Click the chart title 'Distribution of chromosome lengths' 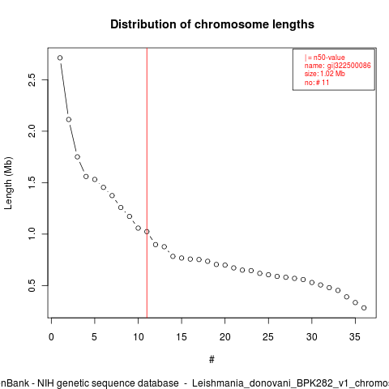pyautogui.click(x=212, y=24)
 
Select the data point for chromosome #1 pyautogui.click(x=60, y=58)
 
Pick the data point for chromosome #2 pyautogui.click(x=69, y=119)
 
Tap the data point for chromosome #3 pyautogui.click(x=77, y=156)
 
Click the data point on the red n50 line pyautogui.click(x=147, y=232)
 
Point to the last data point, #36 pyautogui.click(x=364, y=308)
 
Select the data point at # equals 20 pyautogui.click(x=225, y=265)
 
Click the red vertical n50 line pyautogui.click(x=147, y=183)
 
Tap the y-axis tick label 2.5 pyautogui.click(x=32, y=79)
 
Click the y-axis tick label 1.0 pyautogui.click(x=32, y=234)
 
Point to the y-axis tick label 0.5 pyautogui.click(x=32, y=285)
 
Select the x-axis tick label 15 pyautogui.click(x=182, y=337)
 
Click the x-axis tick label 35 pyautogui.click(x=355, y=337)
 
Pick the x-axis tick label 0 pyautogui.click(x=51, y=337)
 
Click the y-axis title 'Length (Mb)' pyautogui.click(x=8, y=183)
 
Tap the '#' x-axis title pyautogui.click(x=212, y=359)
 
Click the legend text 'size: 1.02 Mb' pyautogui.click(x=325, y=74)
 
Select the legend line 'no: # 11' pyautogui.click(x=317, y=82)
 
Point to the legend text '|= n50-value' pyautogui.click(x=325, y=58)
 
